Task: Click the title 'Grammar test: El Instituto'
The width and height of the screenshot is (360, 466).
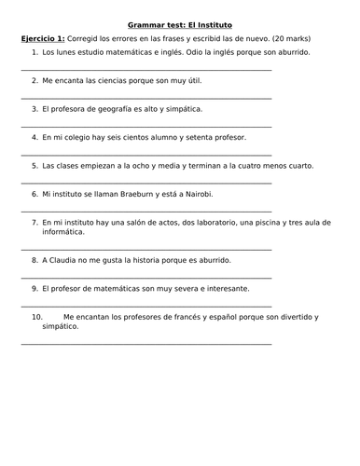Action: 179,23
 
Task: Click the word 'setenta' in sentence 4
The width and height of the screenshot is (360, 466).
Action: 200,137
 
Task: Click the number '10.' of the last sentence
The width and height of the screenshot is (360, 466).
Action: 37,317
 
